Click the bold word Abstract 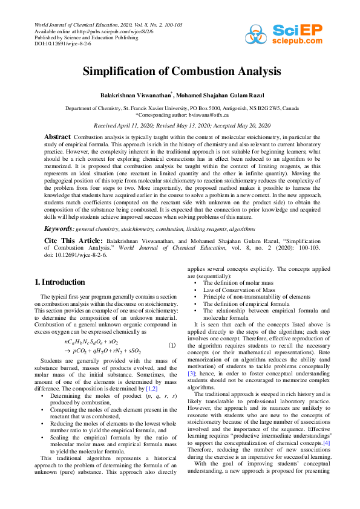[x=57, y=137]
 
